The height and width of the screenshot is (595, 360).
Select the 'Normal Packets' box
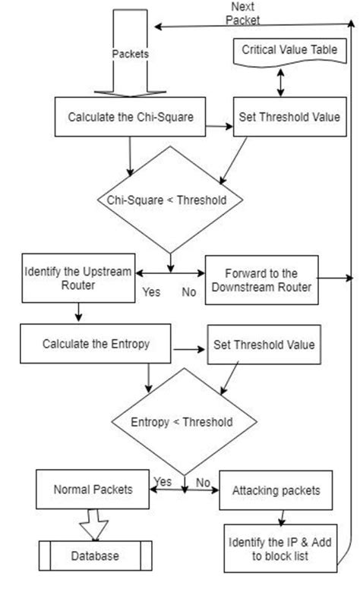point(93,490)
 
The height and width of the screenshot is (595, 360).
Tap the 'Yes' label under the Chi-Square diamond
point(153,291)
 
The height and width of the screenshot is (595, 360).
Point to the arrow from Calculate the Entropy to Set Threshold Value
point(188,350)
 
